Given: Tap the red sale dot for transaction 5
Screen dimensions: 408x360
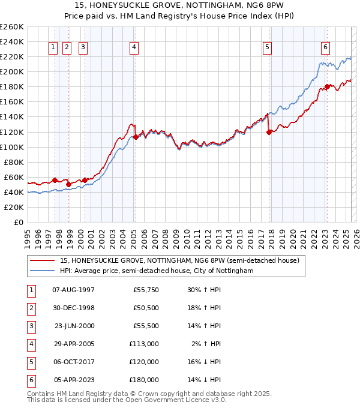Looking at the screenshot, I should pyautogui.click(x=269, y=133).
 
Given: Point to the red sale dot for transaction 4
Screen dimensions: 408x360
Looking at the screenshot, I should pyautogui.click(x=136, y=137).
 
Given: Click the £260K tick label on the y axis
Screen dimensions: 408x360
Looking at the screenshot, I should pyautogui.click(x=11, y=27).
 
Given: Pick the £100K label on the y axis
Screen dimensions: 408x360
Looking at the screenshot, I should pyautogui.click(x=11, y=147).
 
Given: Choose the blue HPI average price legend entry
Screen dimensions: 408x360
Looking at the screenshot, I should pyautogui.click(x=157, y=271).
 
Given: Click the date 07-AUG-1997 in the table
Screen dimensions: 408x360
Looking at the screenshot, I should pyautogui.click(x=74, y=290).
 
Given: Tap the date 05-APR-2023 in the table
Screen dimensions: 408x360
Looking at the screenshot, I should pyautogui.click(x=74, y=380).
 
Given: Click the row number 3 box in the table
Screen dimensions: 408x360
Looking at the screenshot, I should pyautogui.click(x=30, y=326).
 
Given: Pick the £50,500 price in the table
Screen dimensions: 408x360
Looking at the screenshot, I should pyautogui.click(x=144, y=308).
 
